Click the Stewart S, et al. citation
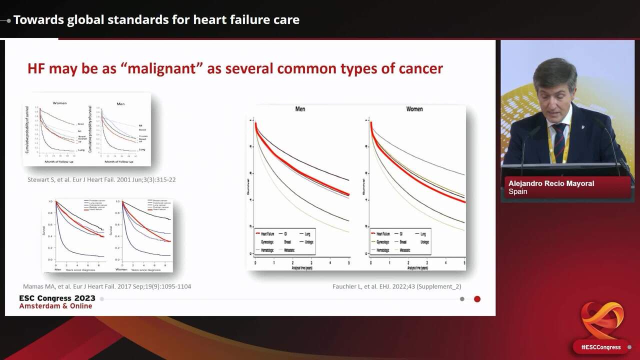pos(101,179)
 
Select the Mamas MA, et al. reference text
pos(107,286)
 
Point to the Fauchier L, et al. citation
pos(396,286)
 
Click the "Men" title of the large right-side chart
pos(300,109)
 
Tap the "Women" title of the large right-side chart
pos(414,109)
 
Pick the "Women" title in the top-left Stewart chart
pos(59,103)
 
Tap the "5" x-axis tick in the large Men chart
pos(348,263)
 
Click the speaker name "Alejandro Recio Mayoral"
pos(551,183)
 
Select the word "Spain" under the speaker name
pos(518,191)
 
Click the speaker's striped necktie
pos(559,142)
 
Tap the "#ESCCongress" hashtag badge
pos(600,347)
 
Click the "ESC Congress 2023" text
pos(57,298)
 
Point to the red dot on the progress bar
pos(477,299)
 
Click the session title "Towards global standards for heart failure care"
pos(156,20)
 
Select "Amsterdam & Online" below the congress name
pos(55,306)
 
